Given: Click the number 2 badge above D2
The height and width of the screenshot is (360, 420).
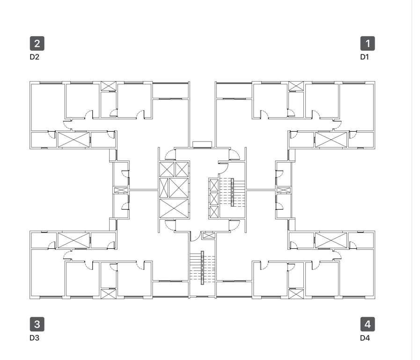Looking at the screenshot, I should tap(37, 44).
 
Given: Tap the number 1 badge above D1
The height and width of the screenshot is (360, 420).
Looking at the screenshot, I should tap(368, 44).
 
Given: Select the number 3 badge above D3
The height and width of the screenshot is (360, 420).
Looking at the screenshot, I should tap(37, 324).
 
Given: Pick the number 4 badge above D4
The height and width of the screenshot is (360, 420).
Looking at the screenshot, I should tap(368, 324).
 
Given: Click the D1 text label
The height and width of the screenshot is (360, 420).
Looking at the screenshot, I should tap(364, 57).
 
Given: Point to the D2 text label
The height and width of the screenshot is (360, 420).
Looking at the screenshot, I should tap(34, 57).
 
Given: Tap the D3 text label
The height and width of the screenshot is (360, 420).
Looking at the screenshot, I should tap(34, 337).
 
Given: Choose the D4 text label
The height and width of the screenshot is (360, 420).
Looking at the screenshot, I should tap(364, 337).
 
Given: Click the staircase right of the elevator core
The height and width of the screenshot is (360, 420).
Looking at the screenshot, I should tap(233, 192).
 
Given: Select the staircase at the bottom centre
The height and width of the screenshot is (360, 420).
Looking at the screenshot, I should tap(202, 268).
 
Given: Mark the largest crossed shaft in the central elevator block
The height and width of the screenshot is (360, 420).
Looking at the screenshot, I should tap(174, 209).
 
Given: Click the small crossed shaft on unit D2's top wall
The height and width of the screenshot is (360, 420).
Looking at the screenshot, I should tap(109, 86).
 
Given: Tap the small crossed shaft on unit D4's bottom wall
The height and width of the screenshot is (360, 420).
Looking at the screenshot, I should tap(296, 294).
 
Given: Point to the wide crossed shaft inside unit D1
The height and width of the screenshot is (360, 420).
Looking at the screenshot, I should tap(331, 140).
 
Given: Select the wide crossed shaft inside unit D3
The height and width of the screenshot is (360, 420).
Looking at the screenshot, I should tap(74, 240).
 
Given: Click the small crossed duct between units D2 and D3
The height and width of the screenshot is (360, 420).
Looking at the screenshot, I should tap(121, 190).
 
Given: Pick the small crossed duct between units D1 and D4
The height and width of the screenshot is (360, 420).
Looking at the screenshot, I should tap(283, 190).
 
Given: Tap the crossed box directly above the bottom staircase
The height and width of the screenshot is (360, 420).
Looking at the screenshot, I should tap(208, 236).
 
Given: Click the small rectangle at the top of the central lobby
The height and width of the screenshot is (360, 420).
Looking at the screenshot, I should tap(202, 144).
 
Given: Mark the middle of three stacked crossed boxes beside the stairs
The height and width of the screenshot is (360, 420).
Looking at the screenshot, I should tap(214, 199).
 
